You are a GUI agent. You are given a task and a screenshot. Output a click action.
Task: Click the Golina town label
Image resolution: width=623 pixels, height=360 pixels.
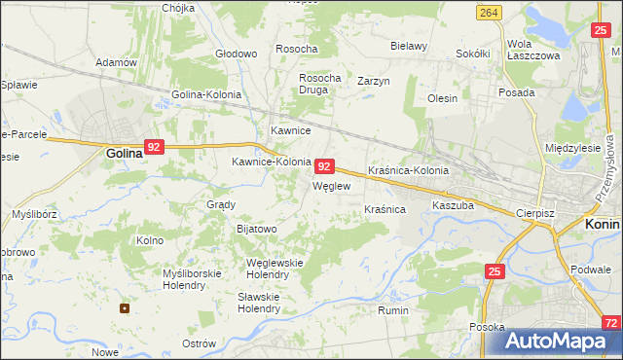coord(125,153)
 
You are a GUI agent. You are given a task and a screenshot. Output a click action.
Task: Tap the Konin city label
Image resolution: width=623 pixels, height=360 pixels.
coord(603,223)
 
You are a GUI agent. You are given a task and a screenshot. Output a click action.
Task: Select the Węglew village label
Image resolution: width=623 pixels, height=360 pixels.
coord(330,186)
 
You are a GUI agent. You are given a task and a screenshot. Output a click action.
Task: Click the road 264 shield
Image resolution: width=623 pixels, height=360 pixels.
coord(490,12)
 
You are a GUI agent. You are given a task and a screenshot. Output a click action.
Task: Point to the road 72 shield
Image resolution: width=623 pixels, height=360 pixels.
coord(610,322)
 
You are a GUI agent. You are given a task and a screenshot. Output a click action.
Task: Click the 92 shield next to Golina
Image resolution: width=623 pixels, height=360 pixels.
coord(153,147)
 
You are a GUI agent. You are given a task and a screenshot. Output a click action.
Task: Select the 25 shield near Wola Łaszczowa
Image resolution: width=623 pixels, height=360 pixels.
coord(601,31)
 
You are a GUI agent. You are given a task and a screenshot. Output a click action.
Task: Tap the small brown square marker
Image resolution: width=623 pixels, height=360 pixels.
coord(125,308)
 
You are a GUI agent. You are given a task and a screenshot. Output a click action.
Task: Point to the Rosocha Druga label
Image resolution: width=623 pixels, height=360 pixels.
coord(319,84)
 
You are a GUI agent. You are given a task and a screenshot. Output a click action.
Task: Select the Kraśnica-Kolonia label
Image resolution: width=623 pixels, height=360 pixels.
coord(408,170)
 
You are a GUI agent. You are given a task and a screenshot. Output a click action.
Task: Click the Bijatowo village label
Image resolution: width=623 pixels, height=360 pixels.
coord(257,229)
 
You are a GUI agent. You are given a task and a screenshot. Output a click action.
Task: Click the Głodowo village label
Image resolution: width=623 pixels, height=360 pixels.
coord(237,54)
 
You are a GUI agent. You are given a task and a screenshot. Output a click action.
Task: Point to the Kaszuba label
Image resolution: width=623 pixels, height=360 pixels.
coord(453,206)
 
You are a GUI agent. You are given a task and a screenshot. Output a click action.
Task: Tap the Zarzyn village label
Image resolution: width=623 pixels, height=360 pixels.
coord(373,81)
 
